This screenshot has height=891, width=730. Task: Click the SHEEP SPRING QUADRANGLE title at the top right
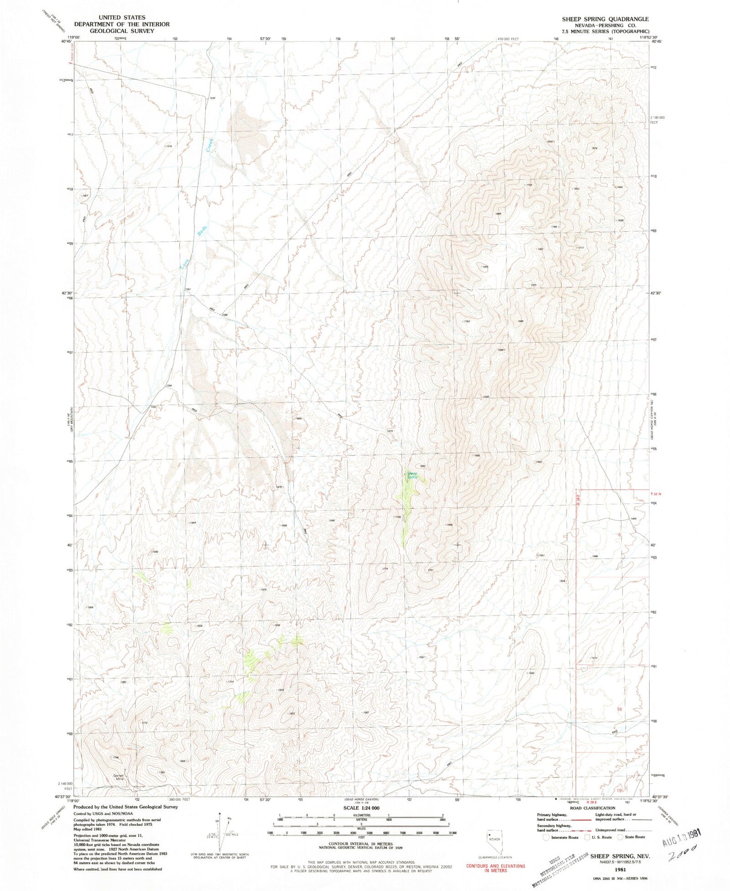pos(605,19)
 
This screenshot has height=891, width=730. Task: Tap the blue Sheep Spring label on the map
pos(413,475)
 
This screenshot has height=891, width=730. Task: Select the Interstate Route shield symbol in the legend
pos(546,837)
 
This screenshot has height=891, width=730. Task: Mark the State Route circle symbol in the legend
pos(620,837)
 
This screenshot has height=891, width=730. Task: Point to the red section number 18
pos(619,709)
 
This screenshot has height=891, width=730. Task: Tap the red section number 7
pos(619,622)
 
